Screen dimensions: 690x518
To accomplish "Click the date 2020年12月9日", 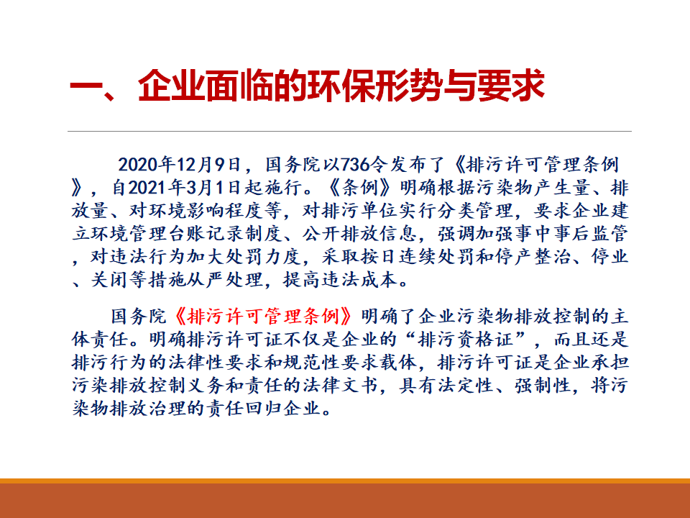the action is click(179, 165).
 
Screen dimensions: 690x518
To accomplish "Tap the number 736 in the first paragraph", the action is click(356, 165).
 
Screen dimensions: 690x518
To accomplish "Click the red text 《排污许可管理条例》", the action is click(264, 317).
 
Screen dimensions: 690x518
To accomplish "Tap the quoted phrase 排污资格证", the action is click(466, 339).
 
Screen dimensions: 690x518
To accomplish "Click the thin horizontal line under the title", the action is click(349, 131).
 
